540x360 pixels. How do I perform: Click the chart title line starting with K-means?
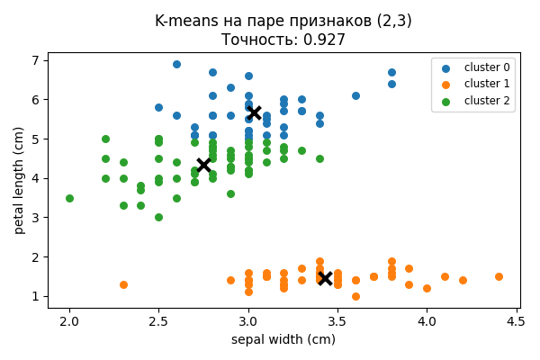click(283, 21)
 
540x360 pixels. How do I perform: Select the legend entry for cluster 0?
click(486, 67)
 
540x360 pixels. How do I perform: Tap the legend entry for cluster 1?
click(486, 84)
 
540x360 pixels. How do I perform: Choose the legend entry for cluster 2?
click(486, 101)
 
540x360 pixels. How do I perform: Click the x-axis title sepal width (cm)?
click(283, 339)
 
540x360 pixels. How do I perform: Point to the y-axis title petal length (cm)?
click(19, 180)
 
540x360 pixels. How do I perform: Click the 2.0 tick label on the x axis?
click(69, 321)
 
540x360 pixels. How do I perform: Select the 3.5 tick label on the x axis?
click(337, 321)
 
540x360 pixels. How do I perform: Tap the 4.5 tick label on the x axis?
click(516, 321)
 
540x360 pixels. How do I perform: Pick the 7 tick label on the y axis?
click(36, 60)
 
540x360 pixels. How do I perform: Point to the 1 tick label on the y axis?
click(36, 296)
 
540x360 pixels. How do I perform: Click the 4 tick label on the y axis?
click(36, 178)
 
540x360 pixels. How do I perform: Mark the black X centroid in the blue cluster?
click(254, 112)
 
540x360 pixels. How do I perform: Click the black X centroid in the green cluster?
click(203, 165)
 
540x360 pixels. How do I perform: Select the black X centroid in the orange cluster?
click(325, 278)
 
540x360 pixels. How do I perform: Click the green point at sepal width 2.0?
click(69, 198)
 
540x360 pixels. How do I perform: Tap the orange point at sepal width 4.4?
click(499, 276)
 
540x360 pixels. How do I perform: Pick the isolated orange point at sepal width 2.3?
click(123, 284)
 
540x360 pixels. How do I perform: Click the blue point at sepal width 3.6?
click(355, 95)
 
